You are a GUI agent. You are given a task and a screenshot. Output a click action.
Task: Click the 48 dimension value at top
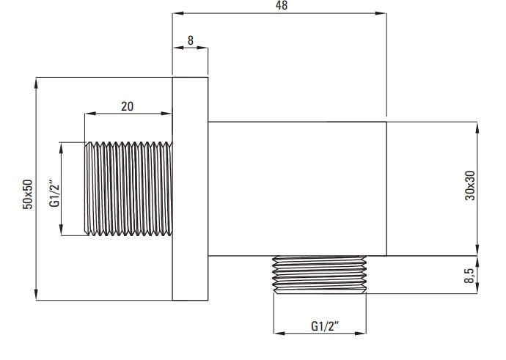pos(282,5)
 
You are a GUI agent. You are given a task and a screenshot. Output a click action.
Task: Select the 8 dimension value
pos(191,40)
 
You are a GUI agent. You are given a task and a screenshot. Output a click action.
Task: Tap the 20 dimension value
pos(127,106)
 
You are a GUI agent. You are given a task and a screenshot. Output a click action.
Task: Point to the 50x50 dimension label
pos(28,194)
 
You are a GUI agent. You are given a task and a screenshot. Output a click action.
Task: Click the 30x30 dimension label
pos(470,185)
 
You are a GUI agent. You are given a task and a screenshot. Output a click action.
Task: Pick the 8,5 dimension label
pos(469,276)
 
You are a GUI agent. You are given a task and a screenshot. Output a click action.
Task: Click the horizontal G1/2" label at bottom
pos(325,326)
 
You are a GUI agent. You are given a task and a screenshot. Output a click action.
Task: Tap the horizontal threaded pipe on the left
pos(128,188)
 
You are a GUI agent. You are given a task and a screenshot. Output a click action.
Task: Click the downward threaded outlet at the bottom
pos(320,274)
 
